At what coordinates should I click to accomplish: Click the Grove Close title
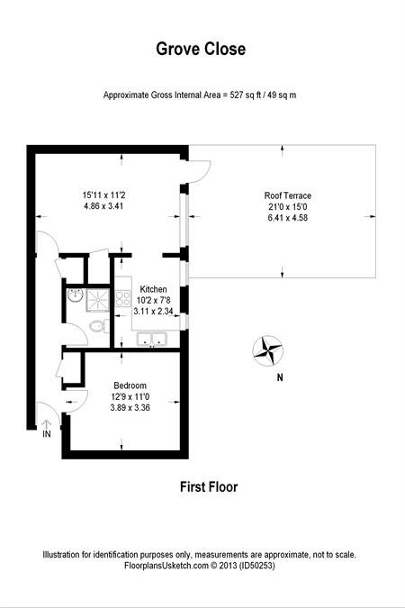coord(201,49)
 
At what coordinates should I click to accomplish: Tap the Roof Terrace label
coord(288,195)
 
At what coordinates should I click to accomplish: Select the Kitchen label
coord(153,289)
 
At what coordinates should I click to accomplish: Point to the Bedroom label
coord(130,386)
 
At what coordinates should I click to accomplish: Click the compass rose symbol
coord(268,350)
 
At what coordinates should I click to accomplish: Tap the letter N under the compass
coord(280,377)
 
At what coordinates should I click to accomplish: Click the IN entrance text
coord(47,434)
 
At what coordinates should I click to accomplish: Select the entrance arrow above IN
coord(47,424)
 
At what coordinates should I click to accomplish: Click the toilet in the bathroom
coord(99,325)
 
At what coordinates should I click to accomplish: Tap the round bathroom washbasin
coord(76,295)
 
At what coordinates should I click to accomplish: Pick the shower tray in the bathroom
coord(98,299)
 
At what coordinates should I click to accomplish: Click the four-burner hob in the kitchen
coord(123,298)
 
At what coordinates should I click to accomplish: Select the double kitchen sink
coord(151,339)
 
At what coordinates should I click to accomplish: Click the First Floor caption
coord(209,487)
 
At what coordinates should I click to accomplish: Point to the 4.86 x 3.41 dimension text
coord(103,206)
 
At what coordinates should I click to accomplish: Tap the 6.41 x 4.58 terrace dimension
coord(288,218)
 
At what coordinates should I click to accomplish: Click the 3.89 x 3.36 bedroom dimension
coord(130,407)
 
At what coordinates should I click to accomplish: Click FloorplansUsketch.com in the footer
coord(166,566)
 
